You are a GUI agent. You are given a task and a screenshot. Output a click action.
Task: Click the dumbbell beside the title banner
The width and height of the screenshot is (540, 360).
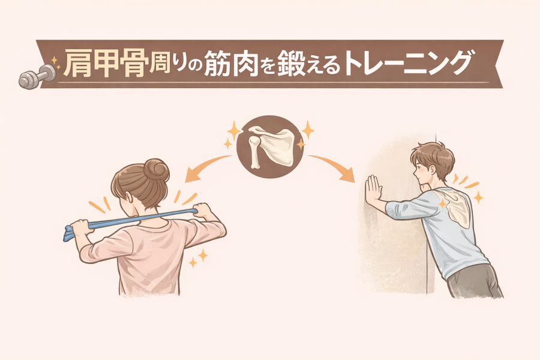pyautogui.click(x=37, y=76)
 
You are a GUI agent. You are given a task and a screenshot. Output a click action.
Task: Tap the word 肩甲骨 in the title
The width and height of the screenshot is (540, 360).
pyautogui.click(x=106, y=64)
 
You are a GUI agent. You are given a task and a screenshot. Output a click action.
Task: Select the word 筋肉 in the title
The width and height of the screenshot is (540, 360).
pyautogui.click(x=231, y=64)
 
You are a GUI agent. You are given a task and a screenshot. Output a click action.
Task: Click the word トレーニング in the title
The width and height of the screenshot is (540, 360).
pyautogui.click(x=407, y=63)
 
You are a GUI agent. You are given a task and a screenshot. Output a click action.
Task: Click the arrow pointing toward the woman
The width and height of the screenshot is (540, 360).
pyautogui.click(x=206, y=166)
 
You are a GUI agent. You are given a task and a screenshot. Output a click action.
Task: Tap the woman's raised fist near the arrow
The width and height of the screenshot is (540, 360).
pyautogui.click(x=203, y=210)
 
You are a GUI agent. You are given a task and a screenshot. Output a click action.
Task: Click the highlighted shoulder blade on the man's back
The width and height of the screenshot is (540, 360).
pyautogui.click(x=454, y=206)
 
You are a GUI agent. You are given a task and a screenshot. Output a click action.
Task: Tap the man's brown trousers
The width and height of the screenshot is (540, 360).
pyautogui.click(x=475, y=281)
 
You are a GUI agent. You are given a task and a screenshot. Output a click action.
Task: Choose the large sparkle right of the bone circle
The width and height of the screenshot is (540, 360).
pyautogui.click(x=308, y=130)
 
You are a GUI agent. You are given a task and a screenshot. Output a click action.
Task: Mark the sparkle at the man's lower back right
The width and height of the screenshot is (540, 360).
pyautogui.click(x=478, y=197)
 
